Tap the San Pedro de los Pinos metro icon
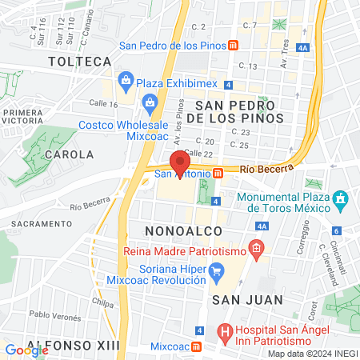click(232, 46)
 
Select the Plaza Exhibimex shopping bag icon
click(126, 79)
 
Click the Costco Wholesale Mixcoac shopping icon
click(150, 102)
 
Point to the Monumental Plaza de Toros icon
click(341, 197)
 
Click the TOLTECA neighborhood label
click(78, 61)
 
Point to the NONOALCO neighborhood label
click(178, 230)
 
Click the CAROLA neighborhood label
click(70, 154)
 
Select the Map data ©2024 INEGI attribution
click(312, 354)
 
